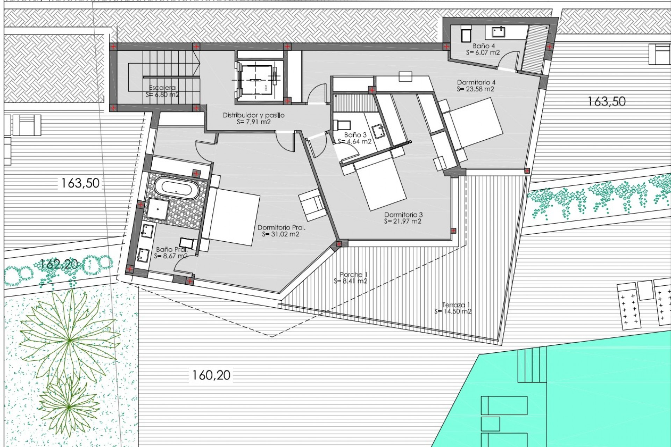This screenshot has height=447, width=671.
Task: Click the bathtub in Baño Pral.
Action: point(176,188)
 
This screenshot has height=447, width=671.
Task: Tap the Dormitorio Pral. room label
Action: point(281,227)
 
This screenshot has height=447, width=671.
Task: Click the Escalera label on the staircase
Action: point(162,88)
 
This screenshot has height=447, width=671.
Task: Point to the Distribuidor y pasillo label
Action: point(253,115)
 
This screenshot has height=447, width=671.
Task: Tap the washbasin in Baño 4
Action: point(498,32)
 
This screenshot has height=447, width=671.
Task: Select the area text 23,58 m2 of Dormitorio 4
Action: point(476,89)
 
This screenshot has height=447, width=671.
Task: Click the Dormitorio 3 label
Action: point(403,215)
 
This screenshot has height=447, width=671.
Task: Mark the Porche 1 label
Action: point(353,274)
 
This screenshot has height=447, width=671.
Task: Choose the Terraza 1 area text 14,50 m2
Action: point(453,311)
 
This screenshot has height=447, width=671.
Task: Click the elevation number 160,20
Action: point(211,375)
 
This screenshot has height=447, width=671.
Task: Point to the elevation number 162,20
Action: point(59,264)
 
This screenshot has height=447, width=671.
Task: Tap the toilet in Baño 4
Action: point(466,34)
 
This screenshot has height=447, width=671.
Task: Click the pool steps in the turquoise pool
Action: point(532,365)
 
